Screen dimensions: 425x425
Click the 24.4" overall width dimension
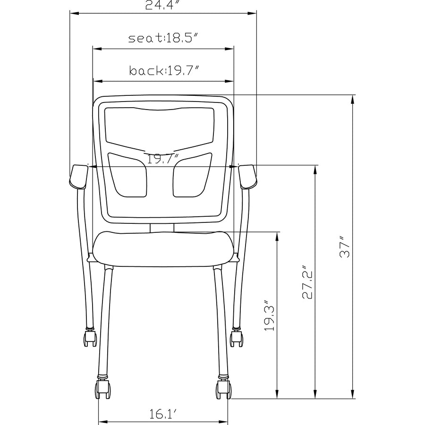162,5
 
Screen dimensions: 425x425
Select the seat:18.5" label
164,38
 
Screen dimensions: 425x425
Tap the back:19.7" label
164,70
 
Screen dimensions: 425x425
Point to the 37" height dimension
345,247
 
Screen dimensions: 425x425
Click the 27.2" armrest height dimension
307,282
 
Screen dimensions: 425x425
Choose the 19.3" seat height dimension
270,315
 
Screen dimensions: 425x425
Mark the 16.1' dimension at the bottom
163,414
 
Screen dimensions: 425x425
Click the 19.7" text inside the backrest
163,159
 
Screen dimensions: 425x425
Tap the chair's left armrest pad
78,177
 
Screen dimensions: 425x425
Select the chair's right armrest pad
247,177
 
